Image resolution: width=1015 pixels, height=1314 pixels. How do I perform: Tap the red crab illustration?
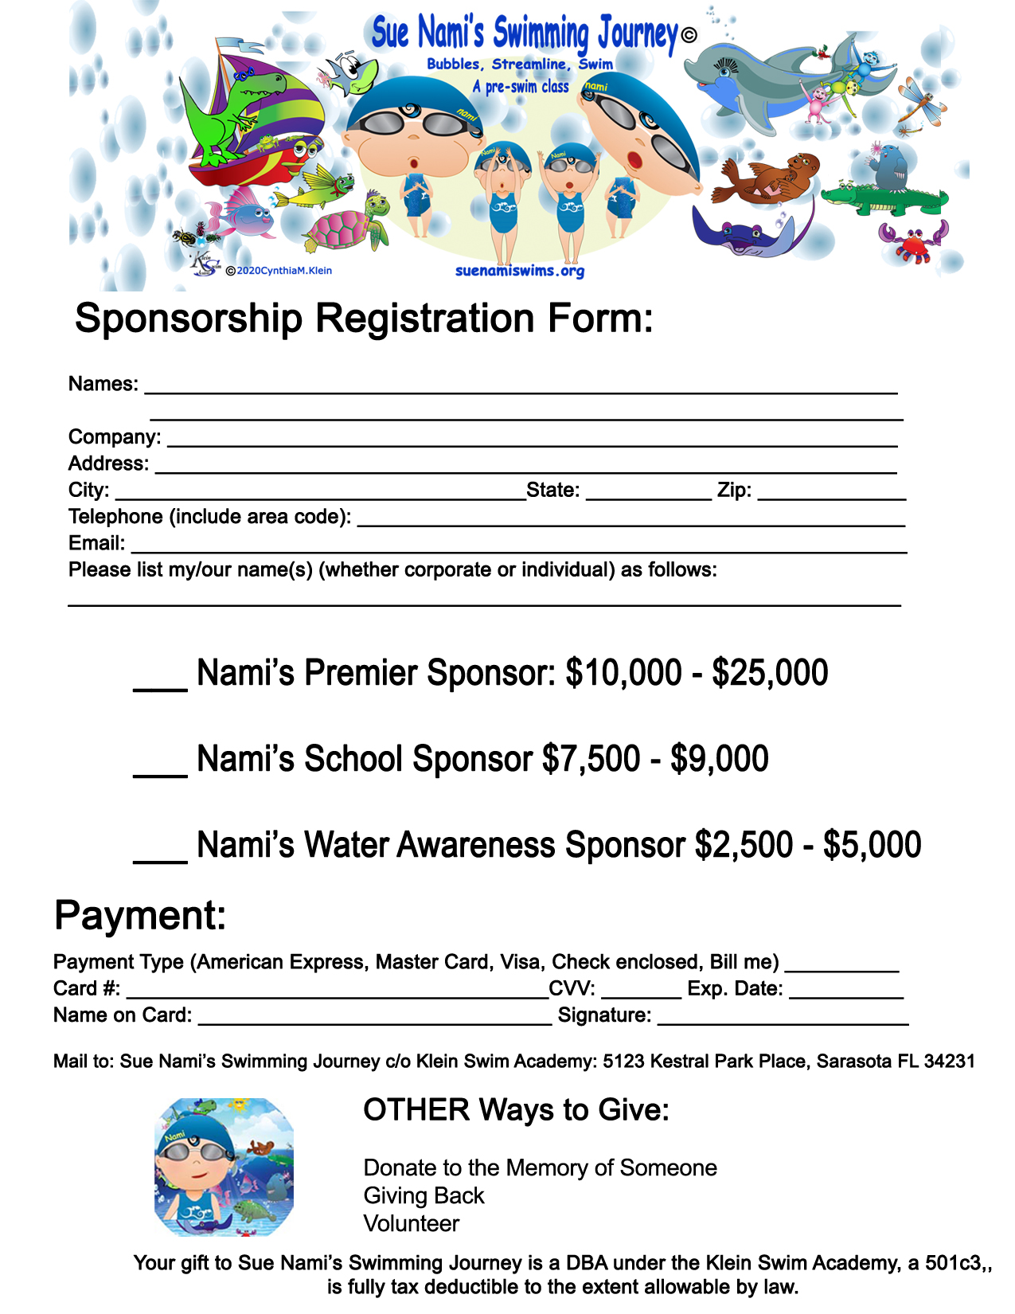click(x=913, y=241)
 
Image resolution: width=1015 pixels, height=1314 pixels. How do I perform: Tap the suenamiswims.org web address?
click(x=520, y=271)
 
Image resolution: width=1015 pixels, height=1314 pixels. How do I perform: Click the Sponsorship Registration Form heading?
click(x=364, y=319)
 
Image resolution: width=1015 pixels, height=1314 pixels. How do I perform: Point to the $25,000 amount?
click(x=770, y=673)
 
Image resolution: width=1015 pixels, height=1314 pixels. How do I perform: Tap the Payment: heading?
click(x=140, y=915)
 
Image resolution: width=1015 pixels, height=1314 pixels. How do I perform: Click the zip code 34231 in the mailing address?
click(x=949, y=1062)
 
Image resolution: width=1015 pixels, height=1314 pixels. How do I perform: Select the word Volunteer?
click(x=412, y=1223)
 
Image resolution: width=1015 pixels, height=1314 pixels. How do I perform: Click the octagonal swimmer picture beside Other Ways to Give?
click(x=224, y=1167)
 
